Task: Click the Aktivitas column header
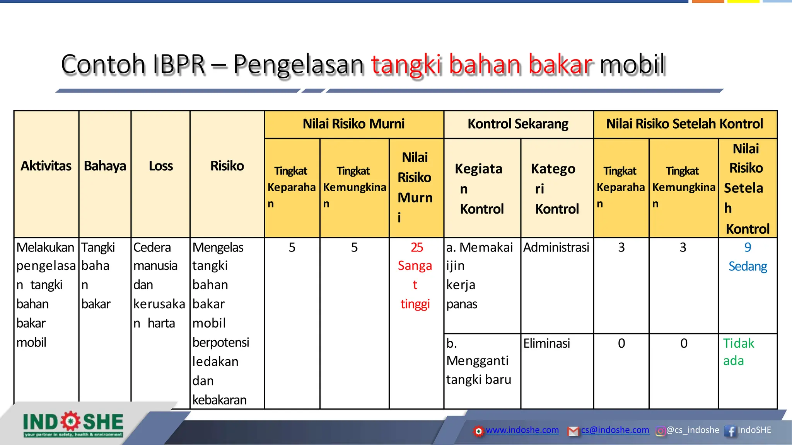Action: (x=46, y=166)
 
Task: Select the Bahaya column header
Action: (x=105, y=166)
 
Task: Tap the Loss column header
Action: (x=160, y=166)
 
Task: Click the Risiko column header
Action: (x=227, y=166)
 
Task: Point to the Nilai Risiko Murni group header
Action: (x=353, y=124)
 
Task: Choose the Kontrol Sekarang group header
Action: (x=518, y=124)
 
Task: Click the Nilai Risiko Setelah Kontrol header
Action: (x=684, y=124)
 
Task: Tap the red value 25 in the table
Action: (x=417, y=248)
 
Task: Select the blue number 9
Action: (x=748, y=248)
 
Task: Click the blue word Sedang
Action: (x=748, y=267)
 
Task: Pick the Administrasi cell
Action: (x=556, y=248)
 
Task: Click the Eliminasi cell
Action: (x=546, y=343)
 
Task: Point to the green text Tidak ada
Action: (x=738, y=352)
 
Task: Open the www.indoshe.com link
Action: (x=522, y=430)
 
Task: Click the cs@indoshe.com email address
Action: (x=615, y=430)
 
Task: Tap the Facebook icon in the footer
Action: (x=730, y=431)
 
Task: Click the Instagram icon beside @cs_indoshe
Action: (x=661, y=431)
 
